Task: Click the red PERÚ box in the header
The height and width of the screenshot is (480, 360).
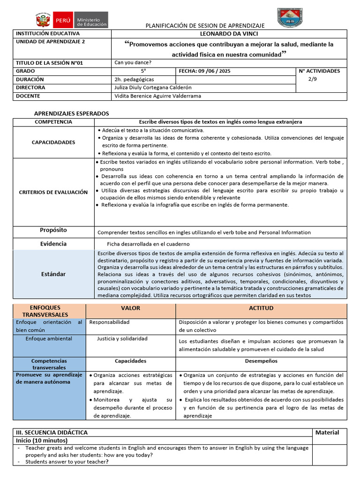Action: coord(62,20)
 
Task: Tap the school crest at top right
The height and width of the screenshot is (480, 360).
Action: coord(290,18)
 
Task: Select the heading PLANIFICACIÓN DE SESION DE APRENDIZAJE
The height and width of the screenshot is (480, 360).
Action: coord(205,25)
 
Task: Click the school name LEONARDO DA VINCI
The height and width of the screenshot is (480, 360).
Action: coord(229,34)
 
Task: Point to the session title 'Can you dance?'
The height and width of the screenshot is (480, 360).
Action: coord(133,62)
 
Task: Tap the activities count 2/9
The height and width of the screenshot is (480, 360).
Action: coord(312,79)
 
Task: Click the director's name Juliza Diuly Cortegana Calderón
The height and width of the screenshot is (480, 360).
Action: coord(153,87)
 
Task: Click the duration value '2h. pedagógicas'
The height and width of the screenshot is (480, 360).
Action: coord(134,79)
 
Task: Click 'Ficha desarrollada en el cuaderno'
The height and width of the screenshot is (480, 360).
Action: coord(148,244)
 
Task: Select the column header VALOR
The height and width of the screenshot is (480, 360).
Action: coord(130,308)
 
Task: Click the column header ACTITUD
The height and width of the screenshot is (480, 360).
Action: coord(261,308)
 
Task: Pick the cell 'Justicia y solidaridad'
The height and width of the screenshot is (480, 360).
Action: coord(122,338)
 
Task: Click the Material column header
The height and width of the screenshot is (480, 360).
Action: coord(327,432)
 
